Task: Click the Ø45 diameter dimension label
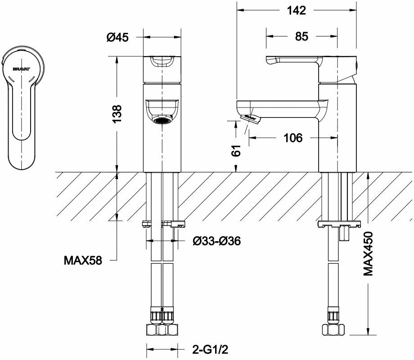[117, 38]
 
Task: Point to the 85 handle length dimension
[302, 37]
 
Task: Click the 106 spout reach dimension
[293, 138]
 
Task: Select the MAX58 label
[83, 260]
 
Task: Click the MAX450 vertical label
[369, 253]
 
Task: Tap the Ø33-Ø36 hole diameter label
[216, 242]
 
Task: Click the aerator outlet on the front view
[162, 120]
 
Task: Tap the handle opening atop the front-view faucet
[162, 61]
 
